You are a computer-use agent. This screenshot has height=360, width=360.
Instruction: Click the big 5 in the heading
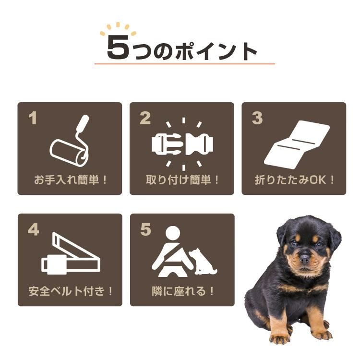(x=118, y=48)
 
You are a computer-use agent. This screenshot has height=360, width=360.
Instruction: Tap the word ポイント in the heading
(x=216, y=51)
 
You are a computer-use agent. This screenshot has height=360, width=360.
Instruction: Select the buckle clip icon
(x=182, y=144)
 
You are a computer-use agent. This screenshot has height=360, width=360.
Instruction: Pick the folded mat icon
(x=297, y=144)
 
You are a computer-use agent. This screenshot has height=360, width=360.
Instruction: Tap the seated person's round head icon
(x=173, y=233)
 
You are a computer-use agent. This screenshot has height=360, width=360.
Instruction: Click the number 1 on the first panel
(x=33, y=118)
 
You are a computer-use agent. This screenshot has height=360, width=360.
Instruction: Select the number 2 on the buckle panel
(x=145, y=118)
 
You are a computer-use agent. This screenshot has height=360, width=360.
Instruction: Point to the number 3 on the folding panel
(x=257, y=118)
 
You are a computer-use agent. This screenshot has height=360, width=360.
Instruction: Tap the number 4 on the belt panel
(x=33, y=229)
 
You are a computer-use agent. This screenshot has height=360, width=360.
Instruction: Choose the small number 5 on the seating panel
(x=145, y=229)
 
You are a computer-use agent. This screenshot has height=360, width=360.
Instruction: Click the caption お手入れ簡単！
(x=71, y=180)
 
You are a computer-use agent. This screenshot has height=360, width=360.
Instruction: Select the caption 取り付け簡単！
(x=182, y=180)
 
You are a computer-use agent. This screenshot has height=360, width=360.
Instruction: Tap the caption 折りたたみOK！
(x=294, y=180)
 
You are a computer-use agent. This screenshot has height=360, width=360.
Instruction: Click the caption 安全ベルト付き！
(x=71, y=291)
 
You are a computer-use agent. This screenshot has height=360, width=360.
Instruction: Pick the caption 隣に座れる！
(x=182, y=291)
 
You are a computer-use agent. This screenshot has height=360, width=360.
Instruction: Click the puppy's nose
(x=305, y=258)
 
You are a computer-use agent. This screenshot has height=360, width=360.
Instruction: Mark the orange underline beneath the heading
(x=185, y=64)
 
